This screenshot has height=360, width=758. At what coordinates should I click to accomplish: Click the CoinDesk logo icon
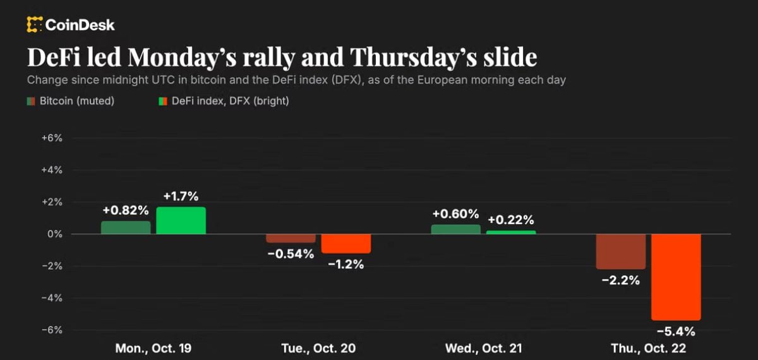pos(35,25)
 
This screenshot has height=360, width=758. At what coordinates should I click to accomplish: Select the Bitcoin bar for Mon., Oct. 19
pos(126,227)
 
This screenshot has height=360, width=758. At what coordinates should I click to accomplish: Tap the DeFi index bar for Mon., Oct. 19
pos(181,220)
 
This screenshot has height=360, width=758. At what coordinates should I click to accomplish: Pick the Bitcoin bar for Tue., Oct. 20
pos(291,238)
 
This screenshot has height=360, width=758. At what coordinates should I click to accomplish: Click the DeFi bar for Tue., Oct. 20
pos(346,244)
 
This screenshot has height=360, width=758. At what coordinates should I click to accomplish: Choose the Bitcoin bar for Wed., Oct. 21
pos(456,229)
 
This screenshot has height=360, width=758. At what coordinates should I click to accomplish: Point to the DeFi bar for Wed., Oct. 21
pos(511,232)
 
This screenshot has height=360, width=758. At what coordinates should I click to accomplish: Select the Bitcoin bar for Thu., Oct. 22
pos(621,252)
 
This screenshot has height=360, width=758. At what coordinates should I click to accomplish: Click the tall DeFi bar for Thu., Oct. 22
pos(676,277)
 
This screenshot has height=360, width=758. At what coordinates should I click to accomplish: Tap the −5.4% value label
pos(676,332)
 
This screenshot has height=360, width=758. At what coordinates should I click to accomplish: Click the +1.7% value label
pos(181,196)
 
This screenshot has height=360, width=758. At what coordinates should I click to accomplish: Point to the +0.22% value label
pos(511,220)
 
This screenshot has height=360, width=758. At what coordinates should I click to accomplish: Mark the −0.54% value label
pos(291,254)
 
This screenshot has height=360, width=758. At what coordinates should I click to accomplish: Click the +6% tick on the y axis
pos(52,138)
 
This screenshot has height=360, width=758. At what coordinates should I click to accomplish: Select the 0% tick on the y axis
pos(55,234)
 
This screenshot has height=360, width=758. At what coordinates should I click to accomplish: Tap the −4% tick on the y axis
pos(52,298)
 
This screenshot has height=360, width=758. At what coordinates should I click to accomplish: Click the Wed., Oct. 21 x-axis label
pos(484,348)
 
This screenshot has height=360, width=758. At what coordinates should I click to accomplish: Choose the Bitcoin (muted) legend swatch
pos(31,101)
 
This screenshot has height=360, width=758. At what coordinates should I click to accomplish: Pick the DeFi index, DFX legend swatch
pos(163,101)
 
